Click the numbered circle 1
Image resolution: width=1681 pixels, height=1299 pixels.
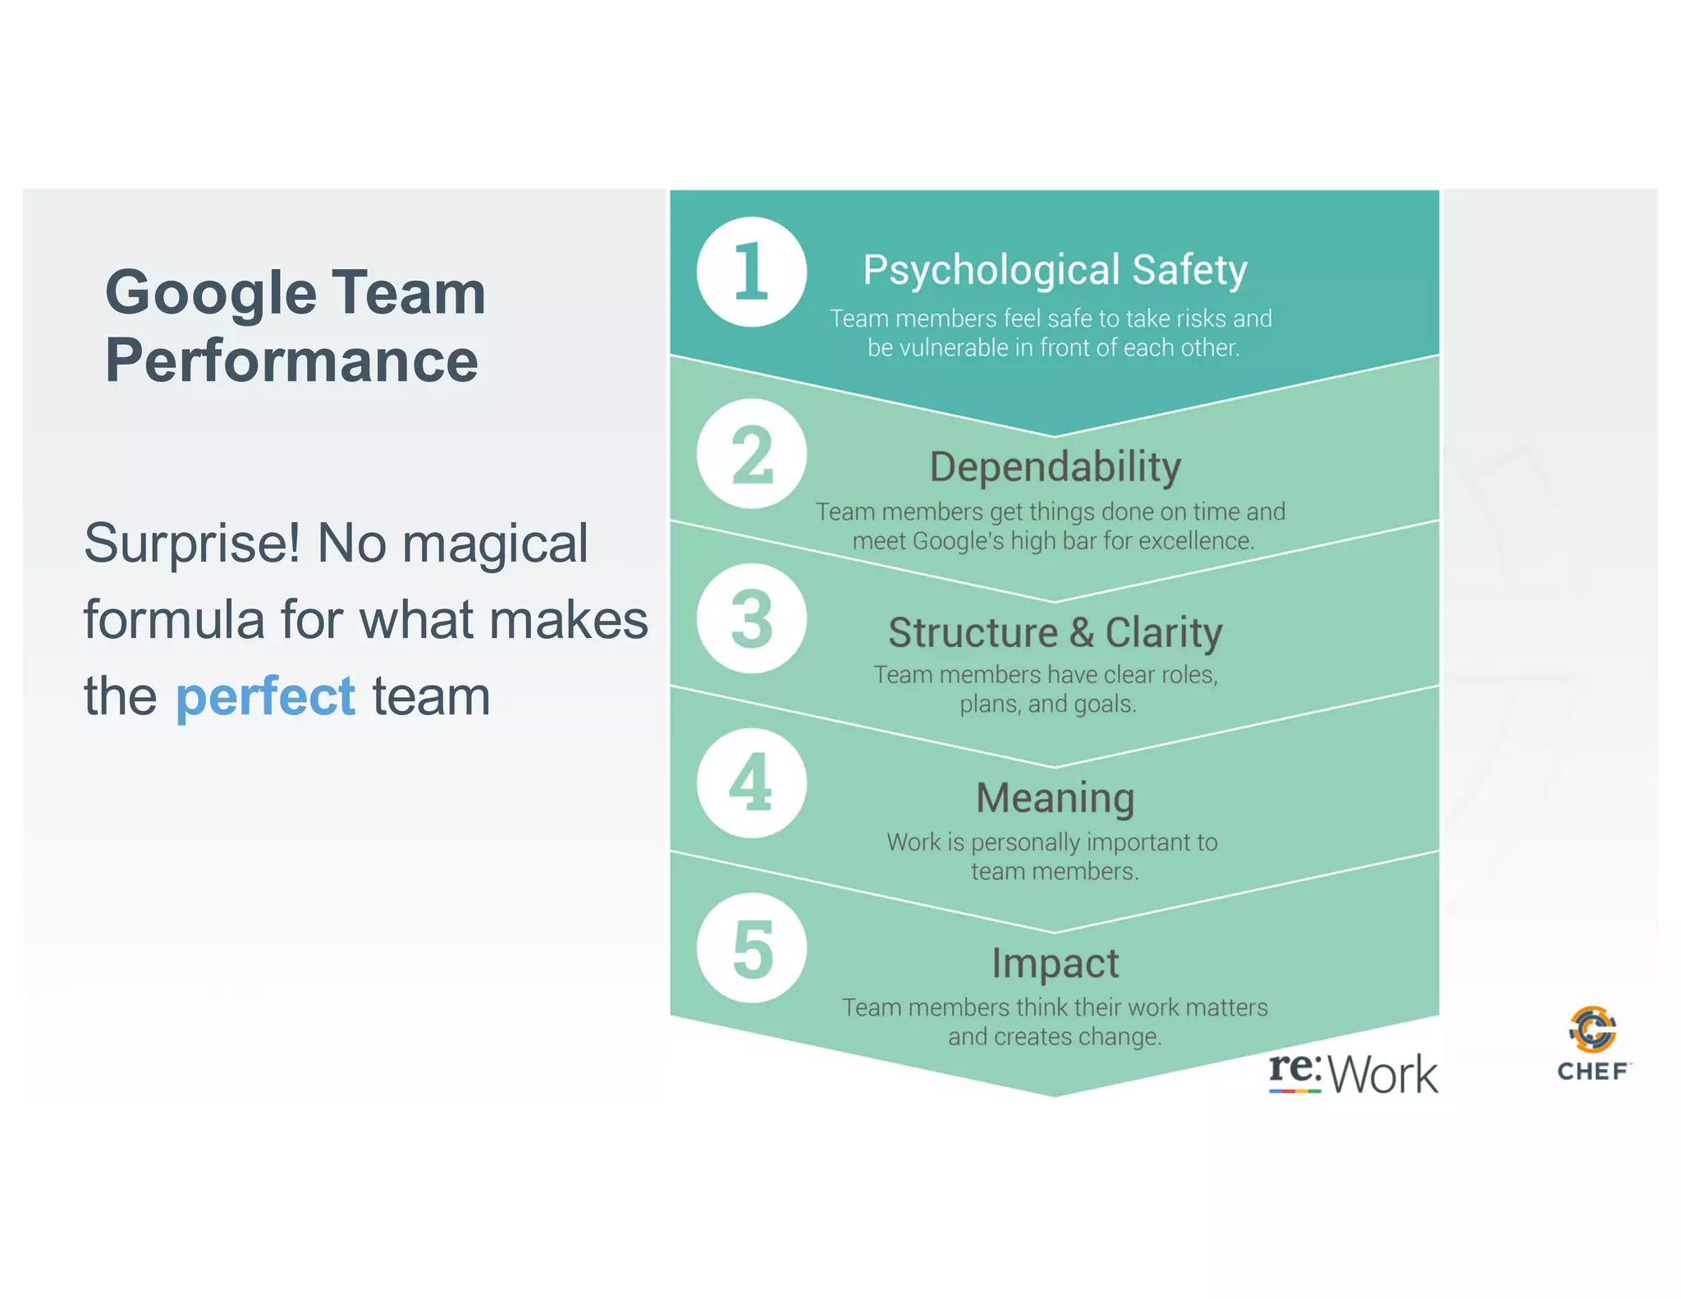coord(751,272)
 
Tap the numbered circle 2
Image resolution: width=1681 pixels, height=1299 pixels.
coord(751,454)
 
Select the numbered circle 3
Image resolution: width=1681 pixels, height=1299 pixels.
coord(751,618)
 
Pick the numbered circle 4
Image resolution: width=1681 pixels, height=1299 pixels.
coord(751,783)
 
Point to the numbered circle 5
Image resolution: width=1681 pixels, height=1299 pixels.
coord(751,948)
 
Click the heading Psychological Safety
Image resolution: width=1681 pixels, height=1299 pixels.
coord(1055,270)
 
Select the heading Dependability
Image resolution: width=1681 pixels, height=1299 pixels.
coord(1055,467)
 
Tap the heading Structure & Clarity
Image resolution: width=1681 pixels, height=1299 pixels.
coord(1055,632)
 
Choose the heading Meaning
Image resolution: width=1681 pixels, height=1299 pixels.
coord(1055,797)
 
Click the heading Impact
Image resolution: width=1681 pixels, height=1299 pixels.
coord(1055,962)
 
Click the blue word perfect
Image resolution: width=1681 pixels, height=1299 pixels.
coord(265,696)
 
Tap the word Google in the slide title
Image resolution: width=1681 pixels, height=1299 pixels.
coord(211,293)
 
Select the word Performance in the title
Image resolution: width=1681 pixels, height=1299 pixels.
coord(291,360)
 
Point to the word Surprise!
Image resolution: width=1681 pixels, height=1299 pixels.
coord(192,544)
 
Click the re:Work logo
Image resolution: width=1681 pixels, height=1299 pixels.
coord(1353,1072)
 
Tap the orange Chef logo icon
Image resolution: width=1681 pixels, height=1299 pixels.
coord(1592,1029)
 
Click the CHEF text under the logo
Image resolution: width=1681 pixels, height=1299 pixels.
coord(1592,1072)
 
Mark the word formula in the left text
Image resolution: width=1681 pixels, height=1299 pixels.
coord(173,619)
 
